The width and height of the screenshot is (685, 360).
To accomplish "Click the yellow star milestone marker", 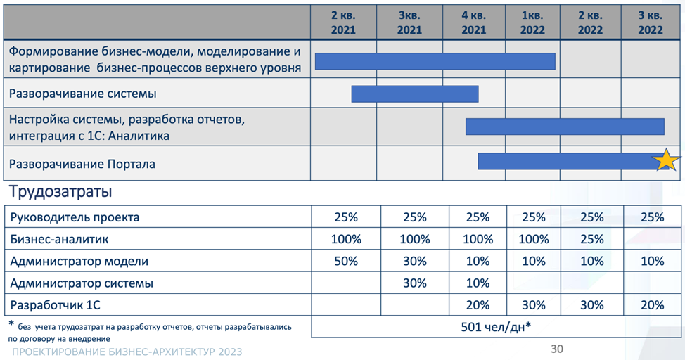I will click(x=666, y=161).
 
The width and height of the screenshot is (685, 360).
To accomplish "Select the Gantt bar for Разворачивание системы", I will click(x=415, y=94).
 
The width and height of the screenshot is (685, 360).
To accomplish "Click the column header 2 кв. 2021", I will click(x=343, y=22).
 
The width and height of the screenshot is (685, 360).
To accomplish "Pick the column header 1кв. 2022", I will click(x=532, y=22).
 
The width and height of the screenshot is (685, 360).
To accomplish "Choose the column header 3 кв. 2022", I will click(x=651, y=22).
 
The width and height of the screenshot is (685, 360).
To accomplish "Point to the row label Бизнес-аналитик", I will click(x=60, y=239).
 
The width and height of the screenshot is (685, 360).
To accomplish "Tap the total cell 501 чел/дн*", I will click(x=495, y=327).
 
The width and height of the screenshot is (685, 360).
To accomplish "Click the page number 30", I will click(x=556, y=349).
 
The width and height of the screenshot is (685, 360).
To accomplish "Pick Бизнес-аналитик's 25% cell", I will click(x=591, y=239).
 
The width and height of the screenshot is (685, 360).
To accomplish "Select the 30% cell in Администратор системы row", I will click(x=415, y=283).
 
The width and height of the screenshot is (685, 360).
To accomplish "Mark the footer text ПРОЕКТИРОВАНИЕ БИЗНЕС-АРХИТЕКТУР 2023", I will click(x=127, y=352).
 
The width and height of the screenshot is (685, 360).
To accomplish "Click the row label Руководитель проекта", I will click(x=75, y=217).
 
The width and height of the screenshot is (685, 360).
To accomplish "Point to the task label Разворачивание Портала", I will click(x=82, y=164).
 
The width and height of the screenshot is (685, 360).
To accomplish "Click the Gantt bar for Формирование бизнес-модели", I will click(x=435, y=61).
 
